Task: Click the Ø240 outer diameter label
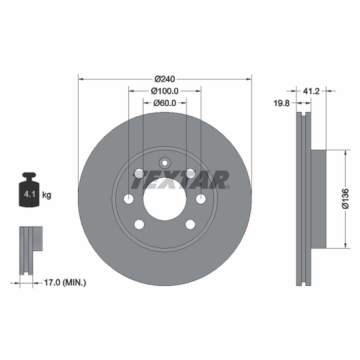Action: pyautogui.click(x=165, y=79)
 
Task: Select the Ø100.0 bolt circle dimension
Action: pyautogui.click(x=164, y=91)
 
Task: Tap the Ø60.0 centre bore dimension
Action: pyautogui.click(x=165, y=103)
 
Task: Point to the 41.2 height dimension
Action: pyautogui.click(x=311, y=91)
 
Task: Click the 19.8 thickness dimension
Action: pyautogui.click(x=282, y=103)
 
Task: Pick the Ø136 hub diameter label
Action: pyautogui.click(x=345, y=199)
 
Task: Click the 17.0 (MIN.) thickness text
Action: pyautogui.click(x=65, y=283)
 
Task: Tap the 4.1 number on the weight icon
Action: pyautogui.click(x=30, y=194)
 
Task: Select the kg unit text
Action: pyautogui.click(x=47, y=195)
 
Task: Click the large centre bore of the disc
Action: pyautogui.click(x=165, y=199)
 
